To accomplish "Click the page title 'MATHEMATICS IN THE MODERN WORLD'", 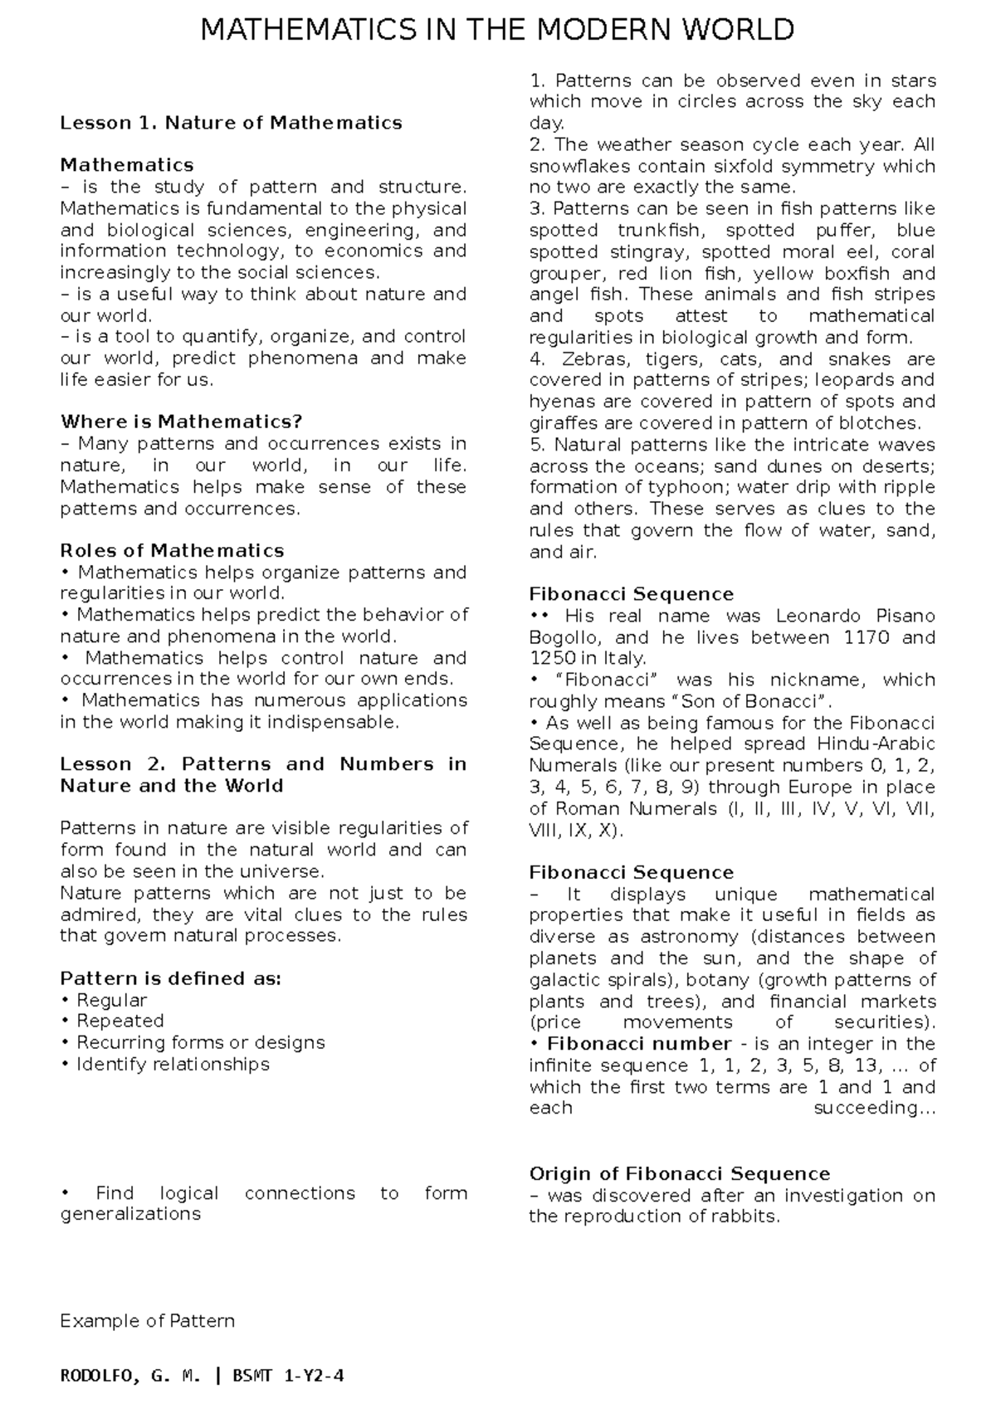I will [498, 31].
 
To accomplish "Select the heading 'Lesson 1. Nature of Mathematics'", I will [231, 123].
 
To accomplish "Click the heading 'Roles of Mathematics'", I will [172, 550].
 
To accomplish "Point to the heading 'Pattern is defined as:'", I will [171, 978].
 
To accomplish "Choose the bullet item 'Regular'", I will [111, 1000].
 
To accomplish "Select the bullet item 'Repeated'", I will [120, 1021].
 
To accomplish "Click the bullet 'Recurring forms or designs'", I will [200, 1042].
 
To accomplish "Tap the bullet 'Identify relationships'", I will [173, 1064].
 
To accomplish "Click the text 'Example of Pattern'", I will [148, 1320].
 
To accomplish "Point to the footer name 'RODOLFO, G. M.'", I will [130, 1377].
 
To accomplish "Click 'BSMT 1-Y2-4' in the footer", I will [288, 1377].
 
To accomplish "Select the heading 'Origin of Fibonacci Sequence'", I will [679, 1173].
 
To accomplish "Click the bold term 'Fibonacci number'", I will [639, 1044].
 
